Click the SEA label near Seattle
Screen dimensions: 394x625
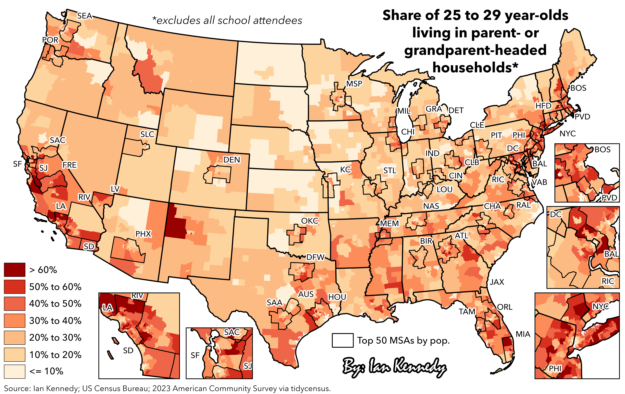click(x=85, y=16)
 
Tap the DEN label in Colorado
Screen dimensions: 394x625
click(x=232, y=160)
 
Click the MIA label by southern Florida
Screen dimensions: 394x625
click(x=523, y=334)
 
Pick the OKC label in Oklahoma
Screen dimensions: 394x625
click(x=310, y=221)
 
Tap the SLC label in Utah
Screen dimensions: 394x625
click(x=147, y=134)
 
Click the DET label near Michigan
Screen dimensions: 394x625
click(x=456, y=110)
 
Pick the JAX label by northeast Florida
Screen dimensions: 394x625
click(x=497, y=282)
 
